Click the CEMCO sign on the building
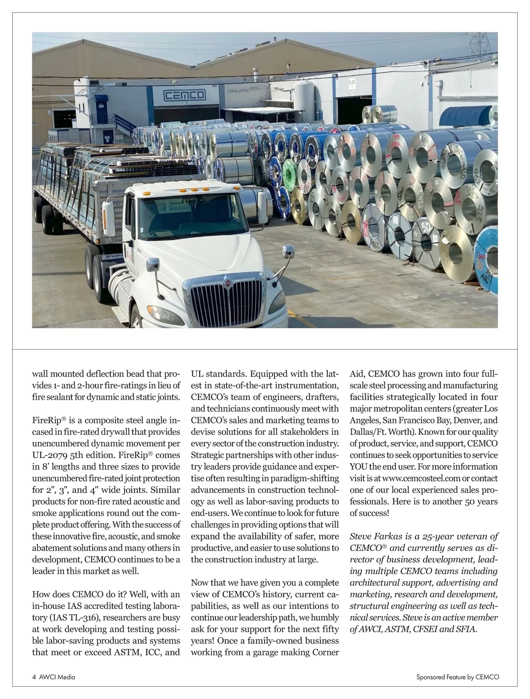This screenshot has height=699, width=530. tap(185, 95)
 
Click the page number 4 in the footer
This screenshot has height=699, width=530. tap(34, 677)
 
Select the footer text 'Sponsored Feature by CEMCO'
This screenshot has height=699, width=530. tap(458, 677)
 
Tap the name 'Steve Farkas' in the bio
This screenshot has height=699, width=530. tap(376, 536)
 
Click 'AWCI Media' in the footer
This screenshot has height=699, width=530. tap(57, 677)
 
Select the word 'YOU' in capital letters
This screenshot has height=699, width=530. tap(359, 467)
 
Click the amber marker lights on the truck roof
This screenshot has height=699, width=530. tap(189, 190)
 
